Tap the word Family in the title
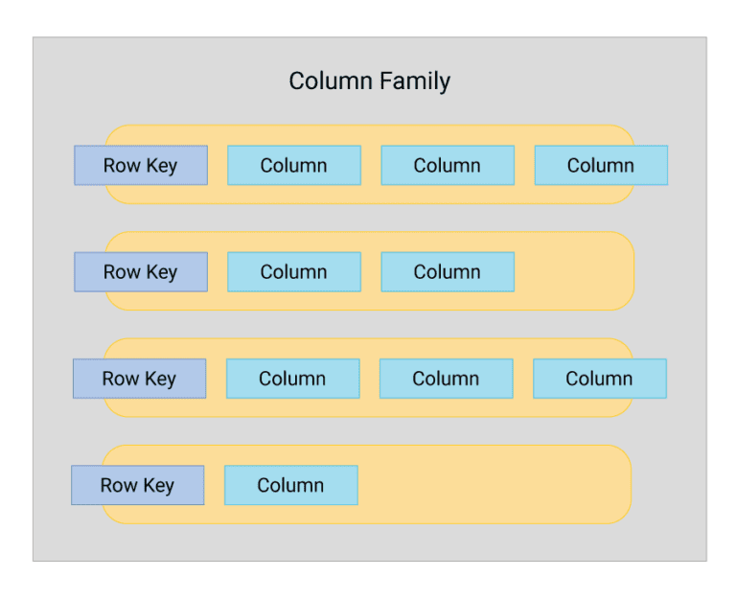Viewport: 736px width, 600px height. click(x=414, y=81)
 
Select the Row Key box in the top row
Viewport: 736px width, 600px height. click(x=141, y=165)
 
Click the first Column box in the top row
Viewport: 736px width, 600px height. click(x=294, y=165)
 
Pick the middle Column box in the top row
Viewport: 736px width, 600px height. click(x=448, y=165)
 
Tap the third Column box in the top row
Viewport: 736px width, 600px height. click(x=601, y=165)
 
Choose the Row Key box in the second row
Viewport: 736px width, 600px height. click(x=141, y=271)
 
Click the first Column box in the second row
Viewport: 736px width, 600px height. click(x=294, y=271)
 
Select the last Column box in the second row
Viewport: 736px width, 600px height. click(x=448, y=271)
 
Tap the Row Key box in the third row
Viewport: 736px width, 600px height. click(x=140, y=379)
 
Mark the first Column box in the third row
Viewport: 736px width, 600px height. click(x=293, y=379)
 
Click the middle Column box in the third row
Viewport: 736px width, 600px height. click(x=447, y=379)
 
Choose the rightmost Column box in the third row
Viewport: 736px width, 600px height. click(x=600, y=379)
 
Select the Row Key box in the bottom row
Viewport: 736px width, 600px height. click(x=138, y=485)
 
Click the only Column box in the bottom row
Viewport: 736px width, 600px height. click(x=291, y=485)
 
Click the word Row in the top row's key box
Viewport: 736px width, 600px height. click(x=122, y=166)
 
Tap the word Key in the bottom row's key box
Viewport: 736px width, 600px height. click(x=158, y=486)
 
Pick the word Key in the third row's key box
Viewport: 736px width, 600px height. click(x=160, y=380)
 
